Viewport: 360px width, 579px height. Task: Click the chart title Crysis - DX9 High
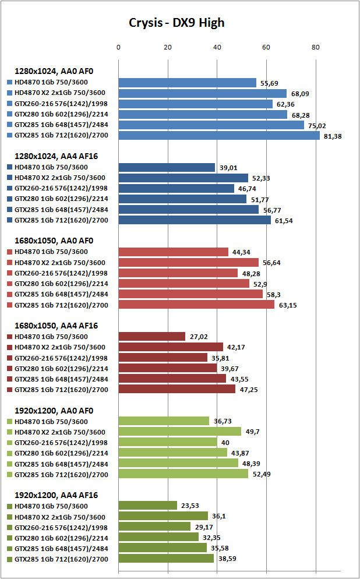pos(177,23)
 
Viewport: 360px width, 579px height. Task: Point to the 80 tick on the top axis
pos(316,47)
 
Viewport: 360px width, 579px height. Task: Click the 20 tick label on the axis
pos(168,47)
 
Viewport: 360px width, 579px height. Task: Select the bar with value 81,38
pos(219,136)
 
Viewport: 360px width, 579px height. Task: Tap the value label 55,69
pos(269,83)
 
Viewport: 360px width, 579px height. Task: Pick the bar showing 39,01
pos(167,168)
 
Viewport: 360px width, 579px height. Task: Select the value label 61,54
pos(284,221)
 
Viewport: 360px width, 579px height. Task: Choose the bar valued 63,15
pos(196,305)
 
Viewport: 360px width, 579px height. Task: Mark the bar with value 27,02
pos(152,337)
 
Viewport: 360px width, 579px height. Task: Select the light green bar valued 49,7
pos(179,432)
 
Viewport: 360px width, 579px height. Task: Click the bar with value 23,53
pos(147,506)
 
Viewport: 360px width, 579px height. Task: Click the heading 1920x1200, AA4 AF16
pos(56,495)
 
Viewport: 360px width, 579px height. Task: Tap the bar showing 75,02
pos(211,125)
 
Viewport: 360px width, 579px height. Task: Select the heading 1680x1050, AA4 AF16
pos(56,326)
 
